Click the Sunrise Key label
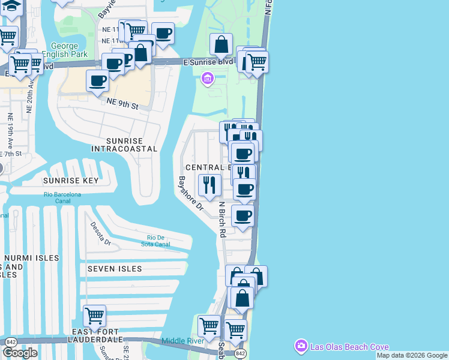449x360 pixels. pyautogui.click(x=70, y=180)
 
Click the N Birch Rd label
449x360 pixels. pyautogui.click(x=221, y=220)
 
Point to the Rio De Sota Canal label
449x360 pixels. pyautogui.click(x=155, y=241)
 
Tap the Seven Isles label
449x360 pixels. pyautogui.click(x=115, y=269)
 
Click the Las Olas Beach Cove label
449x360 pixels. pyautogui.click(x=349, y=347)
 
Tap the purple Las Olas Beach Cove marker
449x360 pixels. pyautogui.click(x=300, y=346)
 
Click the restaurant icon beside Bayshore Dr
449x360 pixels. pyautogui.click(x=209, y=184)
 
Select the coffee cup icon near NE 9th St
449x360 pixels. pyautogui.click(x=98, y=80)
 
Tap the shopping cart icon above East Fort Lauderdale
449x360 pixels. pyautogui.click(x=94, y=315)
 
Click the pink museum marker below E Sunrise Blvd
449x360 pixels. pyautogui.click(x=208, y=79)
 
